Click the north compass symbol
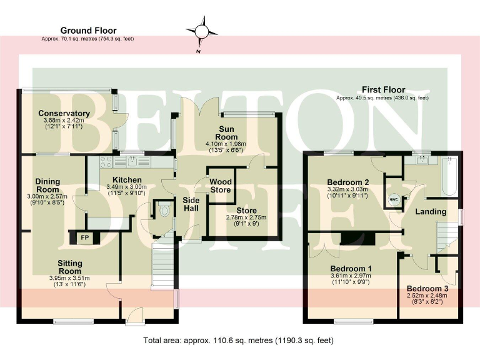(x=202, y=32)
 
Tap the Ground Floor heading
(x=88, y=30)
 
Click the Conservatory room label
(x=64, y=113)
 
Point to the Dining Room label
(x=47, y=186)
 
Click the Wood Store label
(x=220, y=186)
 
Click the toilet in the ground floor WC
(x=164, y=211)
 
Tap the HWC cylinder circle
(x=394, y=200)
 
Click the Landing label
(x=431, y=212)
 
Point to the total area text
(x=238, y=341)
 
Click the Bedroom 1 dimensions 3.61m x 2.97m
(x=351, y=276)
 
